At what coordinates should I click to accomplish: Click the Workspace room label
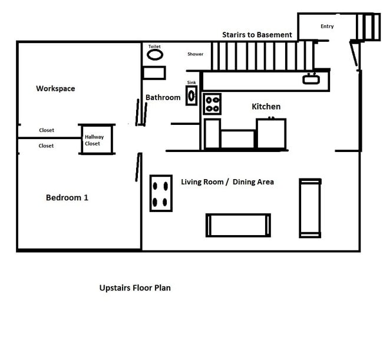55,88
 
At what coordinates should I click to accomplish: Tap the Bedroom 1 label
67,197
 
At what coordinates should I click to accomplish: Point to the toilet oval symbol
155,55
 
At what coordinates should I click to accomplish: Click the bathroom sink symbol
191,95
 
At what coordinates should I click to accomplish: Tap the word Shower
195,54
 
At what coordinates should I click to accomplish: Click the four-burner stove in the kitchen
212,104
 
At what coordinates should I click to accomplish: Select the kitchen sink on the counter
311,78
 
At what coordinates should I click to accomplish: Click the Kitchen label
266,107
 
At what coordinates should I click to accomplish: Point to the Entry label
327,27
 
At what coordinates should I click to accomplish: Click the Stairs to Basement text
257,35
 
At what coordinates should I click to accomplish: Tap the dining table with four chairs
161,193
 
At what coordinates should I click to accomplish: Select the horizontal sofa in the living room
238,225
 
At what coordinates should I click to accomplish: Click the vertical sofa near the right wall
310,208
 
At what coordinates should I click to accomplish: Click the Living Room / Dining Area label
227,182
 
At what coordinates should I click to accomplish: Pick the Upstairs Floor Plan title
135,288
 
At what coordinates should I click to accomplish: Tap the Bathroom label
163,97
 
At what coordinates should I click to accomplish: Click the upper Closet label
47,130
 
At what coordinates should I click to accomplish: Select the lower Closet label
46,146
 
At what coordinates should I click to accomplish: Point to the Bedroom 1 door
138,167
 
